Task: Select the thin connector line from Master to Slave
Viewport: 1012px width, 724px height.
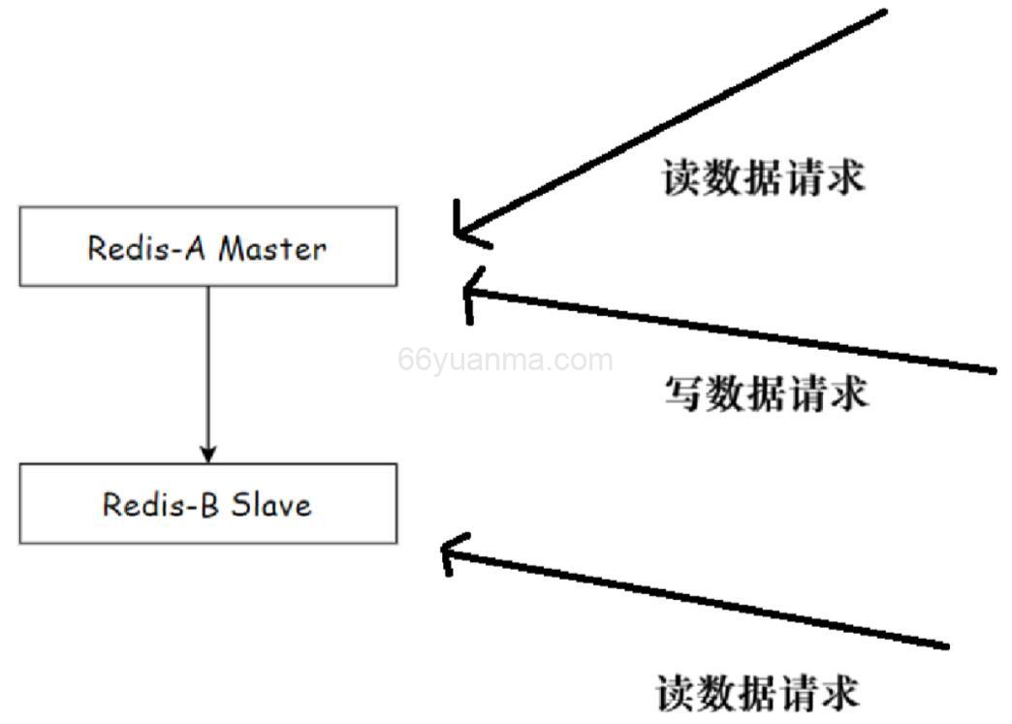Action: (207, 368)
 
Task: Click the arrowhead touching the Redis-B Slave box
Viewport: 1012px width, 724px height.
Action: (207, 454)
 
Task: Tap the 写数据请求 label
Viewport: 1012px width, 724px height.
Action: (765, 393)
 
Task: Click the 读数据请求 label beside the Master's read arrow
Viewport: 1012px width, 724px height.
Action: (763, 178)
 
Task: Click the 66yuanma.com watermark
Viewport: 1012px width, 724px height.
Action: (505, 361)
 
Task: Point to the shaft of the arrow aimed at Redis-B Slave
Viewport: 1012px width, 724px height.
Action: (698, 596)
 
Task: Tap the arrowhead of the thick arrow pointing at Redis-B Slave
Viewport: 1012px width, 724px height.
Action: (448, 552)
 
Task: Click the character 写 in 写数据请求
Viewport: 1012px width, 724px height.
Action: (683, 393)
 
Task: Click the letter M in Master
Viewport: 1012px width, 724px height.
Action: (230, 248)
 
